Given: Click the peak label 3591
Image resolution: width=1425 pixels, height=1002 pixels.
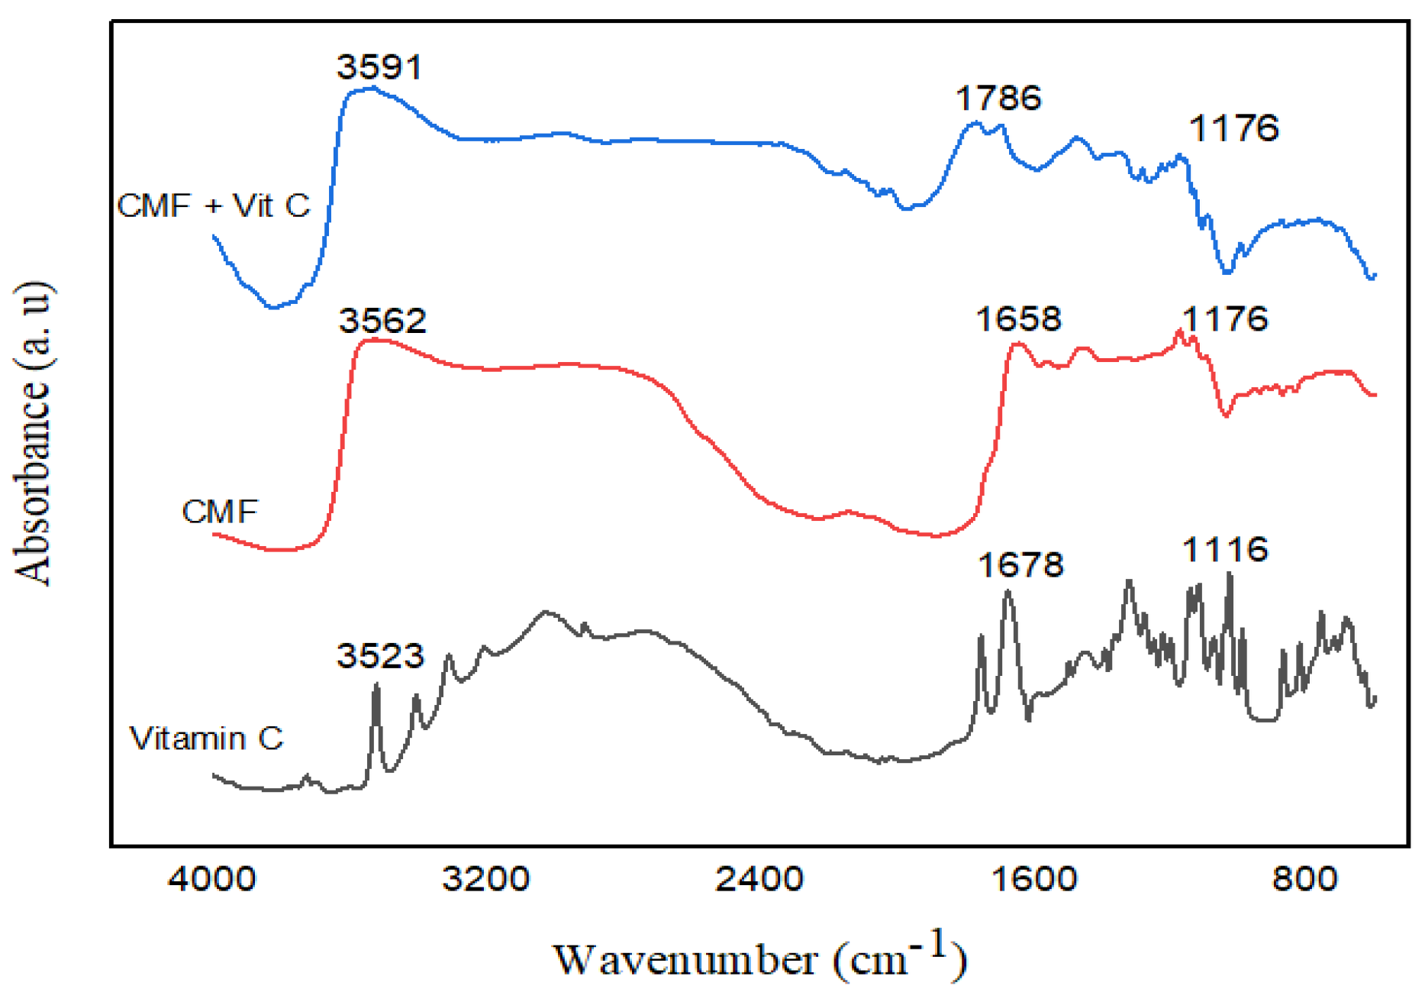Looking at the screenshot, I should click(x=379, y=67).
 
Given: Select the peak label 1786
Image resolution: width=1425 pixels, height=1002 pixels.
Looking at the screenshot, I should click(x=998, y=99).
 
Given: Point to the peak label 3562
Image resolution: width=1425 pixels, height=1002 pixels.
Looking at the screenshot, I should click(x=382, y=320).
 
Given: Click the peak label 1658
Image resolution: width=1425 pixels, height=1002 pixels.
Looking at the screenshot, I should click(x=1018, y=318).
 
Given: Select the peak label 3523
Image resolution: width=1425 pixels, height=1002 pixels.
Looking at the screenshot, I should click(x=380, y=655).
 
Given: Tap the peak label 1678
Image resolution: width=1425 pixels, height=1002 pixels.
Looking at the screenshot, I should click(x=1020, y=565).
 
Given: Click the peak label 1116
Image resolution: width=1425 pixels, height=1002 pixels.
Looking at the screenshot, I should click(x=1225, y=549).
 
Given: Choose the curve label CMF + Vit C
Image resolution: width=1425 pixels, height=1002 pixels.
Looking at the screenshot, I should click(x=214, y=205).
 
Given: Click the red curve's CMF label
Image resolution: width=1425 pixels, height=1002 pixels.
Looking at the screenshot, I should click(x=220, y=511).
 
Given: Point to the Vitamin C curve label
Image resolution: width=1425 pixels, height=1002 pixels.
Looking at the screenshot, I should click(x=206, y=738).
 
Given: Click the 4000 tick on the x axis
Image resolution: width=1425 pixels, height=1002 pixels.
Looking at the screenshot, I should click(x=212, y=879).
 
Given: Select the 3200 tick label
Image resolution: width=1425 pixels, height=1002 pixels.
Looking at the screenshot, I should click(x=485, y=879).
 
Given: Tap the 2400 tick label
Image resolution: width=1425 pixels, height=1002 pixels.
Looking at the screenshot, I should click(x=759, y=879).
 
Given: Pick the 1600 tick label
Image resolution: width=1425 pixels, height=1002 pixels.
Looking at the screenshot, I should click(x=1033, y=879).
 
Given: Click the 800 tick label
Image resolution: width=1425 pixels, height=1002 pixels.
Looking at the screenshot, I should click(x=1304, y=879).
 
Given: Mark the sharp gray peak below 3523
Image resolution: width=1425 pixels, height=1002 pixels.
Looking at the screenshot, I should click(x=376, y=687).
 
